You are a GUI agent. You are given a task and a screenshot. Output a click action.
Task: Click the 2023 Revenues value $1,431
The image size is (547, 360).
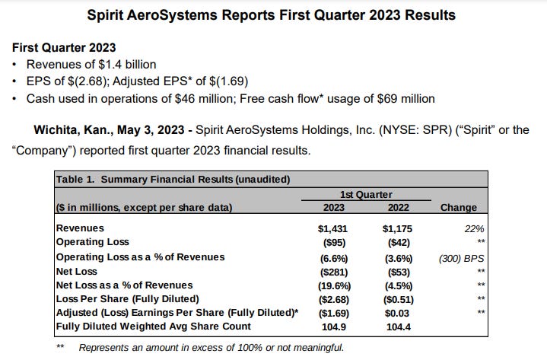point(332,228)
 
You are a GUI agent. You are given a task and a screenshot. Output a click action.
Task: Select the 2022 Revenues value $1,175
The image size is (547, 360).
point(399,228)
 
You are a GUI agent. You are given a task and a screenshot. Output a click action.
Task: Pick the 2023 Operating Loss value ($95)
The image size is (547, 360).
point(332,242)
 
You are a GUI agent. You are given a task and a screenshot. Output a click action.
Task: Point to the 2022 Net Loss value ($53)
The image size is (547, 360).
point(399,271)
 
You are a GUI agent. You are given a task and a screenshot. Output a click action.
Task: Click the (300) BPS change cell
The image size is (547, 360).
point(462,256)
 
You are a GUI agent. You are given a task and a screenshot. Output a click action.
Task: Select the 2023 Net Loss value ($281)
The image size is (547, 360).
point(332,271)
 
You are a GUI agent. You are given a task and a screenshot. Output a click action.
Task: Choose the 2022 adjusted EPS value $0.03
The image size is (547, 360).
point(399,314)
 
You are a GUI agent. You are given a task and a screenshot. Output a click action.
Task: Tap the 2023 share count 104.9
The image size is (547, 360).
point(332,328)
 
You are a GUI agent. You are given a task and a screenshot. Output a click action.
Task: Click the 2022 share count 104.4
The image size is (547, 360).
point(399,328)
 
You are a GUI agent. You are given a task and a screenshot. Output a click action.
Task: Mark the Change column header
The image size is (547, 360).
point(459,207)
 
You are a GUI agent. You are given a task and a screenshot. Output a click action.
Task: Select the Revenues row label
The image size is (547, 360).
point(80,228)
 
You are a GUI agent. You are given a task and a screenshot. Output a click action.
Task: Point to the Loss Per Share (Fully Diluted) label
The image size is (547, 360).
point(126,299)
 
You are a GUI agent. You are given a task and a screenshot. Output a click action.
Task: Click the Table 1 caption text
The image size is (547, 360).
point(174,179)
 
